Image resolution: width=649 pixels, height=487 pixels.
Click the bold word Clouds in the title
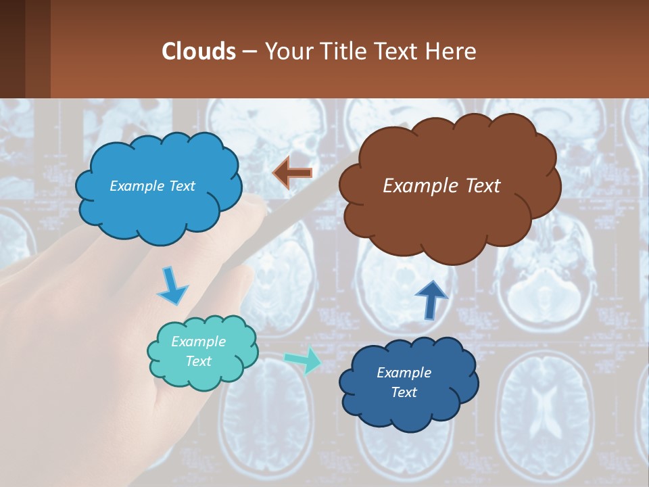[x=199, y=51]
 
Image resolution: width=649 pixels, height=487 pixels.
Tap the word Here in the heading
[x=453, y=51]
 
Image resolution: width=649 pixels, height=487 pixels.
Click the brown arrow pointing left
[x=292, y=172]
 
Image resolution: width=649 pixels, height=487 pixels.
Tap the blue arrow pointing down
[x=172, y=286]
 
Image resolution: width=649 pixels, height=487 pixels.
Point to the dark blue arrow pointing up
[x=431, y=300]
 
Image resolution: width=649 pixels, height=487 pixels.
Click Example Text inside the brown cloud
[x=441, y=186]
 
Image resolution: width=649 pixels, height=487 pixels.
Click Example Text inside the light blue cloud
[x=152, y=186]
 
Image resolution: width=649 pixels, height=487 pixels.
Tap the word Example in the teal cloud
[x=198, y=342]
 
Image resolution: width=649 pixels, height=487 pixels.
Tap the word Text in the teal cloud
[x=198, y=361]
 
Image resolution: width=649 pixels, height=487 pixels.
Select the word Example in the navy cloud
[x=404, y=373]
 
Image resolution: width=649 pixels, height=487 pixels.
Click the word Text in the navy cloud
[x=404, y=392]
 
